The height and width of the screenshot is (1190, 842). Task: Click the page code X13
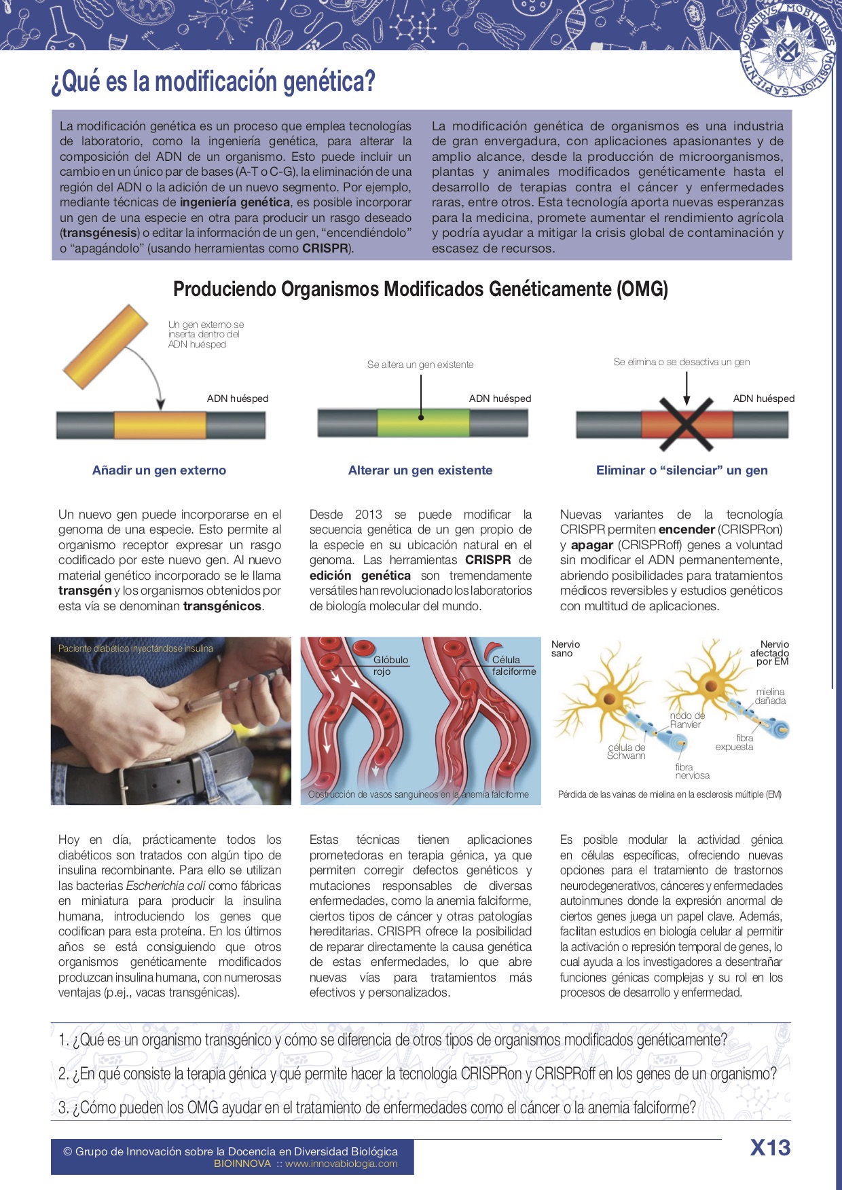[770, 1148]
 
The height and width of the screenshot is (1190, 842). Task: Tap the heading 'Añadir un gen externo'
[159, 470]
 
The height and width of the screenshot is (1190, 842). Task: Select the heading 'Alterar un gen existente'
[420, 470]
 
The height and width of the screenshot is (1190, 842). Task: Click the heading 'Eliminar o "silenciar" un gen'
[682, 470]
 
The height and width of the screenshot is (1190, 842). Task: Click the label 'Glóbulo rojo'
[390, 665]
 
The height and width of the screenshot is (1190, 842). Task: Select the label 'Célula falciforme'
[513, 665]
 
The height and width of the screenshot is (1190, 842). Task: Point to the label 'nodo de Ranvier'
[687, 720]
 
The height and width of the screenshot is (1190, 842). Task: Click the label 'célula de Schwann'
[626, 751]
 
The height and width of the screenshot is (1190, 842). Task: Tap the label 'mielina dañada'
[770, 696]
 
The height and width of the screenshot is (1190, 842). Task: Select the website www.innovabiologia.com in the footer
[341, 1164]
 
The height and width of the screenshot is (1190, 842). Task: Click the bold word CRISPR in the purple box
[325, 248]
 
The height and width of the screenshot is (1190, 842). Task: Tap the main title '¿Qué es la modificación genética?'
[213, 82]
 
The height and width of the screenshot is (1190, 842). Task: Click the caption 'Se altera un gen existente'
[420, 365]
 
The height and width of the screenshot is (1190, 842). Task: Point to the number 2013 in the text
[368, 515]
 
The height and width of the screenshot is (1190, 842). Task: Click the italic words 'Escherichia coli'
[166, 886]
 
